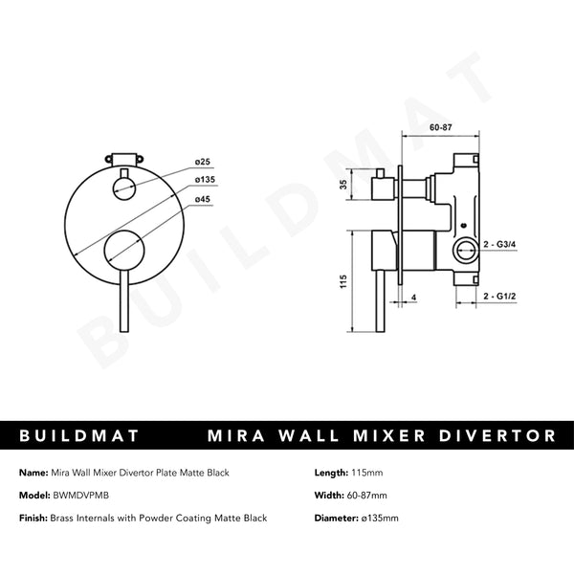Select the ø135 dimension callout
204,179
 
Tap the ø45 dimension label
202,198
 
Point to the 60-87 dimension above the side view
441,125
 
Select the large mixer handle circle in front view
122,251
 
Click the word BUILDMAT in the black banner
80,435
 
